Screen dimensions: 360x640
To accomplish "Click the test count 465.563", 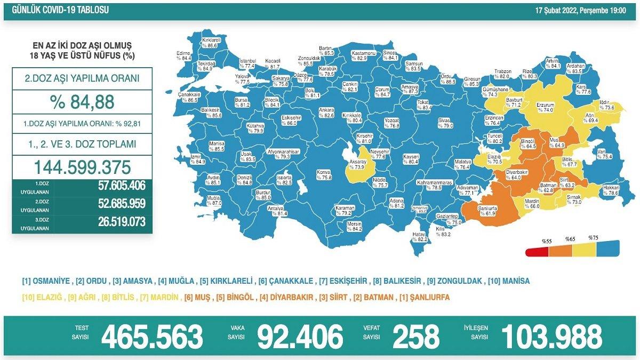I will pyautogui.click(x=152, y=337).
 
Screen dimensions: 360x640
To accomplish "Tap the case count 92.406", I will pyautogui.click(x=300, y=337).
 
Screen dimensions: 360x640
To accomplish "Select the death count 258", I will pyautogui.click(x=416, y=337).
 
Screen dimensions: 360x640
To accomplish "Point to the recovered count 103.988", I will pyautogui.click(x=551, y=337).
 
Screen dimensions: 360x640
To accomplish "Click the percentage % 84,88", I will pyautogui.click(x=82, y=102).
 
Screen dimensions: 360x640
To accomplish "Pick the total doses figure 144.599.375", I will pyautogui.click(x=82, y=167).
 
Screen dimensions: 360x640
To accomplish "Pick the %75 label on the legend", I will pyautogui.click(x=593, y=238).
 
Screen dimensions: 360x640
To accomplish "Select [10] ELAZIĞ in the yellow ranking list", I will pyautogui.click(x=42, y=297).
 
